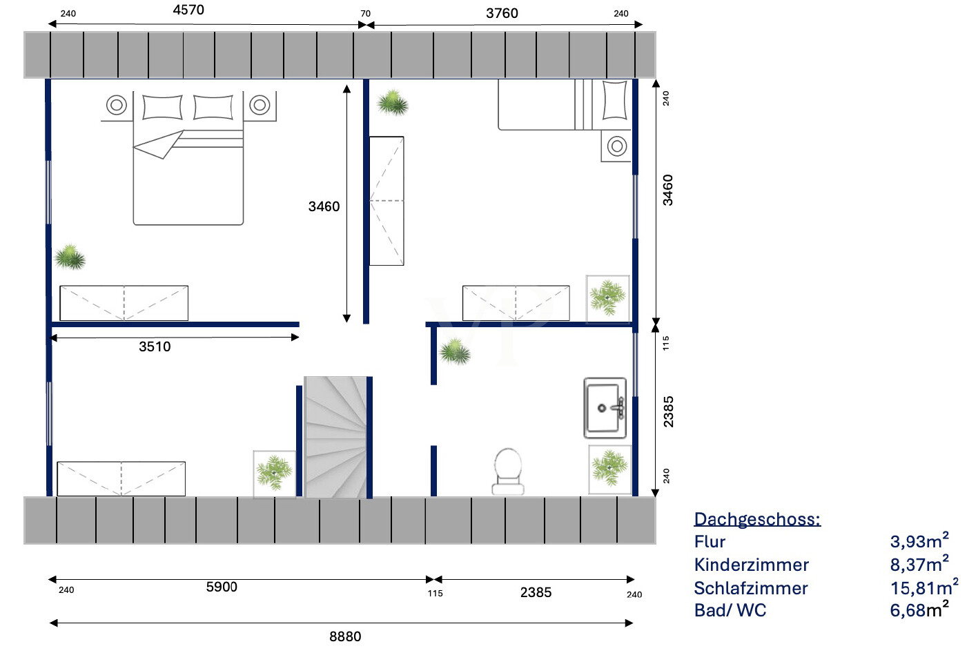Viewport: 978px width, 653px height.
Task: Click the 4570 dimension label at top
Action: point(188,10)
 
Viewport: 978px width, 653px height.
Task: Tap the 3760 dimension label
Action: point(502,13)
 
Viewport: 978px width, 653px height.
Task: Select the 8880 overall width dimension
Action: point(345,636)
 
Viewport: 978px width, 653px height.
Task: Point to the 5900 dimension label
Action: point(222,587)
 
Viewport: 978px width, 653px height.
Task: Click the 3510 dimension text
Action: point(155,347)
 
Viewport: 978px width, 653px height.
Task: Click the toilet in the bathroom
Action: point(508,471)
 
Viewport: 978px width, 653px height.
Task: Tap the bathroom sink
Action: point(605,408)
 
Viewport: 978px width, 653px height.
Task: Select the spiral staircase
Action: point(335,437)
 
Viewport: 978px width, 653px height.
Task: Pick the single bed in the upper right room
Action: point(565,104)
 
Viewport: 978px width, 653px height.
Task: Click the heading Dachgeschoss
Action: point(757,519)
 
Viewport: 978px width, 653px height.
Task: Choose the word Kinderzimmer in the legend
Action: point(751,565)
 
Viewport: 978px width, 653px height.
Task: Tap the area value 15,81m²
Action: point(923,587)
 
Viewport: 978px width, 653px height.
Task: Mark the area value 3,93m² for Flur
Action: point(919,541)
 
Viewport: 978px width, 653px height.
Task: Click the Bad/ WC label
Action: point(730,610)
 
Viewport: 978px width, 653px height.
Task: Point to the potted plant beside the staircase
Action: point(275,473)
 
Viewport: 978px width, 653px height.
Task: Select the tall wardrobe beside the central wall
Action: point(387,201)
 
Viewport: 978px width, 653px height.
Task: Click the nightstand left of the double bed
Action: point(117,106)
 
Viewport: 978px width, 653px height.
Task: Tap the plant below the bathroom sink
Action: point(609,469)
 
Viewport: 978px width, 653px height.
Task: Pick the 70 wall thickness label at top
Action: point(366,13)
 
